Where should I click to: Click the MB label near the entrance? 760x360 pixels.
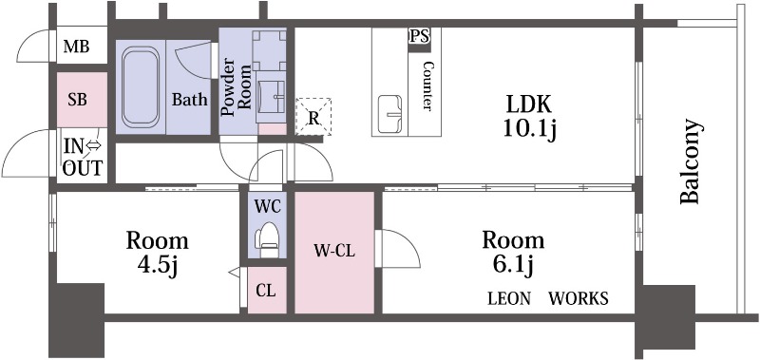77,47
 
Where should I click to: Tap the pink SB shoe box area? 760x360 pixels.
82,100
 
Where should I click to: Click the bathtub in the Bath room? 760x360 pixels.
141,87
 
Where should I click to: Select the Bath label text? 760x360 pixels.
190,100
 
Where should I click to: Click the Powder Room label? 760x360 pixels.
236,88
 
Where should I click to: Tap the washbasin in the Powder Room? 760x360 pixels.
271,97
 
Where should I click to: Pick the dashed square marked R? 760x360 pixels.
313,117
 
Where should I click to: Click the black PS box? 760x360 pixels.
419,40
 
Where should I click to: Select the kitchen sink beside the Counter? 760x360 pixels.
390,114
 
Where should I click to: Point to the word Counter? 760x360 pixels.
427,85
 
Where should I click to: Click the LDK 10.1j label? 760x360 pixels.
529,116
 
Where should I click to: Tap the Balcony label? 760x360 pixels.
691,161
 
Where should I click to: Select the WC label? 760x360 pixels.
268,206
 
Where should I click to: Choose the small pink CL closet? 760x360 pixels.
267,291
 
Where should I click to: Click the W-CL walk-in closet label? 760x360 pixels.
334,251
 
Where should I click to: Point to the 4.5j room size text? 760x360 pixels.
158,266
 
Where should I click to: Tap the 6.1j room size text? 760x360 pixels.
514,266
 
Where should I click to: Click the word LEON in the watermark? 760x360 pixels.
509,298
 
